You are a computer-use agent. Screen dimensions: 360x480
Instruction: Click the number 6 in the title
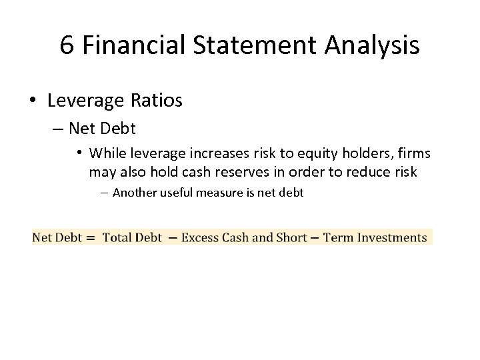coord(67,45)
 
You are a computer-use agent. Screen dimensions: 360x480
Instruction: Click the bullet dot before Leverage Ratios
coord(32,101)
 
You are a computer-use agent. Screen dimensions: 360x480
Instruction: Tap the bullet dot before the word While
coord(79,153)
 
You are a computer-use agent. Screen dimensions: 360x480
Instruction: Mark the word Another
coord(135,193)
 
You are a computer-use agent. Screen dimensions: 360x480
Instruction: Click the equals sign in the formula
coord(89,237)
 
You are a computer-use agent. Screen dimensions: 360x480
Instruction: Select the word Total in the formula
coord(117,237)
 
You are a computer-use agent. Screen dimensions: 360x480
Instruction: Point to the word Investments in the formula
coord(391,237)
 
